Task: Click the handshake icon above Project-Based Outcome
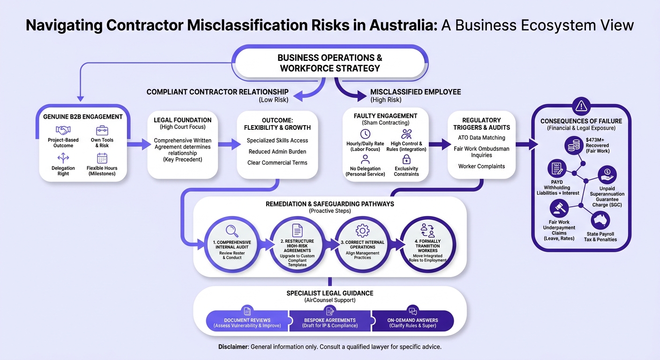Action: point(63,130)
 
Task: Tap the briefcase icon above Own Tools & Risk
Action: point(102,130)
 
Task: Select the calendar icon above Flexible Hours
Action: point(102,158)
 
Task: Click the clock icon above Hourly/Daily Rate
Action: point(365,134)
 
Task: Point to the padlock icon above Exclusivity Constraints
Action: point(406,160)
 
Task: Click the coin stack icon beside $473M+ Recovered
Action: point(574,145)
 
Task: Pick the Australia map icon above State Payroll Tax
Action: point(600,220)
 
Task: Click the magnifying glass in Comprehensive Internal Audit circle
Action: point(232,231)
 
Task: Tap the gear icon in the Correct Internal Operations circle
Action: point(362,231)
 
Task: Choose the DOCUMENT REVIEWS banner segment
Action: point(247,321)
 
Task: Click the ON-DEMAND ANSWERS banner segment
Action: point(412,321)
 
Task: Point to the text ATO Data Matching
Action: point(481,137)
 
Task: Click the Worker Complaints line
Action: point(481,166)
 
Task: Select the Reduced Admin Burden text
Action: point(277,151)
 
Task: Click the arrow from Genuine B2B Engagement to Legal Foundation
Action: point(139,144)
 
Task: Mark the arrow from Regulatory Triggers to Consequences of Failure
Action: point(527,144)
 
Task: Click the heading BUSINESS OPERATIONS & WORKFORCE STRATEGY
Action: point(330,63)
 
